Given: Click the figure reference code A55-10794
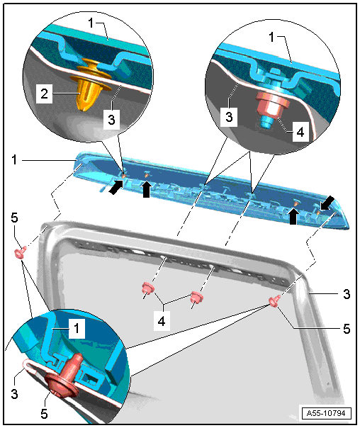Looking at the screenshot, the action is (x=326, y=413).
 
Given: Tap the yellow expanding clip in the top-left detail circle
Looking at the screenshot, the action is (x=87, y=85).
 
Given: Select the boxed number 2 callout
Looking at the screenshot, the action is (x=44, y=94).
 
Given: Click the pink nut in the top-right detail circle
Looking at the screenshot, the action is (x=273, y=105).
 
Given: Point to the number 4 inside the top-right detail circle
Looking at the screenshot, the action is (x=300, y=132).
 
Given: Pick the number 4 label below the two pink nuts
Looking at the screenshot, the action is (x=162, y=321).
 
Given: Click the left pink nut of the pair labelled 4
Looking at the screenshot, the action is (x=148, y=289).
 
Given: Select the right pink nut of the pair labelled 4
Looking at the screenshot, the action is (x=196, y=297).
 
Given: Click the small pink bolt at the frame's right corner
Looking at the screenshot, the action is (x=274, y=300).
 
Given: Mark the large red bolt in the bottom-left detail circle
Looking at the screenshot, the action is (x=65, y=377).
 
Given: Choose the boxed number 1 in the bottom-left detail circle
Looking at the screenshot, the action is (x=77, y=328).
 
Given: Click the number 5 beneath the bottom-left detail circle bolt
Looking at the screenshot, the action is (x=44, y=414).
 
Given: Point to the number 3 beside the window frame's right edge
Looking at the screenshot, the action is (x=347, y=294).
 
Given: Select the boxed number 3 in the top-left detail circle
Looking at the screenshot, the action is (x=111, y=119).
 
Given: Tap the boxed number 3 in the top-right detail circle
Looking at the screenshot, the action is (x=229, y=116).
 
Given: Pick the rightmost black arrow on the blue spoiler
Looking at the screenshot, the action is (x=327, y=203).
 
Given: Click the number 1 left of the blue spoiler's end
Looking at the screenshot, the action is (x=15, y=159).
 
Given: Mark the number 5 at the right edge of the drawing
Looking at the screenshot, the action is (x=347, y=329).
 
